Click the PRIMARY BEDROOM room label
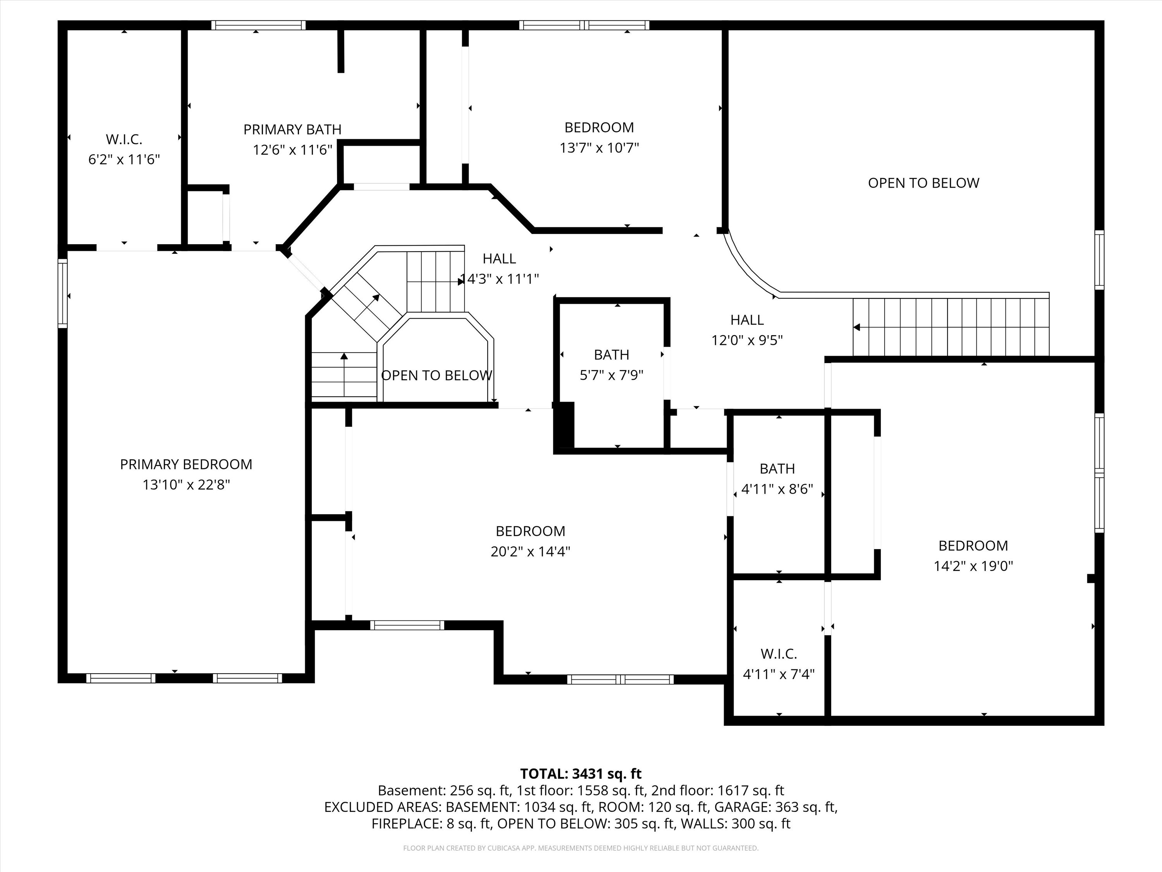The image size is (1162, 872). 186,464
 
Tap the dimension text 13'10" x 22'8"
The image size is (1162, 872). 186,484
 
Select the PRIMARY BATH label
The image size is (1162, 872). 292,129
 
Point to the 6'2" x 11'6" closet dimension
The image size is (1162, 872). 124,159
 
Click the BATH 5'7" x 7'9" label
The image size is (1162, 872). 612,355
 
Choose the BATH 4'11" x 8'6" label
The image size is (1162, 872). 777,468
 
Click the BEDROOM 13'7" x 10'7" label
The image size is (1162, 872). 599,127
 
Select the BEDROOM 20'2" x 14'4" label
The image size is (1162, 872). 530,531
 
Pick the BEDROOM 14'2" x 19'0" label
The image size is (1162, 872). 973,546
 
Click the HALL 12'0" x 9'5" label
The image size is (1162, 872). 746,320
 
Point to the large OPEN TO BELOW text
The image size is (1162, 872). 923,183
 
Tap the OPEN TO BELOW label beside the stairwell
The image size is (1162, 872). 437,375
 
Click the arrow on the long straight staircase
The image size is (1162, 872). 857,327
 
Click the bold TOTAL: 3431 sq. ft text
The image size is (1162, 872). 581,774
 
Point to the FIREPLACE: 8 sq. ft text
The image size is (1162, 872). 431,824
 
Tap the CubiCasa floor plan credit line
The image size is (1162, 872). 581,848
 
